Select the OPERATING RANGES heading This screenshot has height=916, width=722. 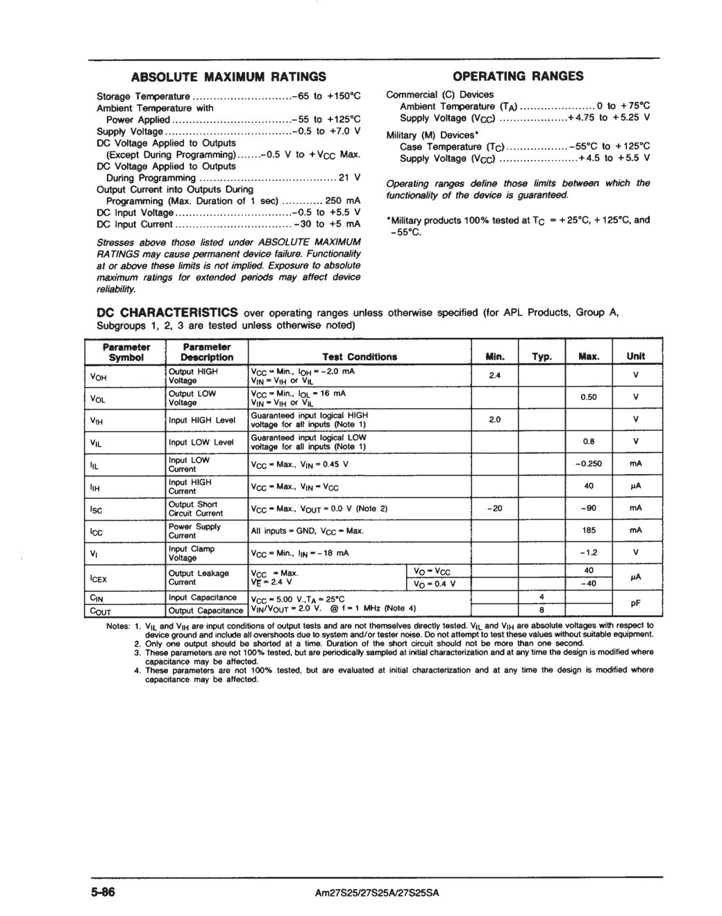518,76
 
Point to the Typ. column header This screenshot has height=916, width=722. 541,357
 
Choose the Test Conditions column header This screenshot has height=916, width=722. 360,357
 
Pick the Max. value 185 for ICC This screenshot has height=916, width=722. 589,530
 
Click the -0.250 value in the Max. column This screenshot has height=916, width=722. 589,464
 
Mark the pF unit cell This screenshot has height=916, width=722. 635,604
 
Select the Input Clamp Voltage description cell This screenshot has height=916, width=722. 192,553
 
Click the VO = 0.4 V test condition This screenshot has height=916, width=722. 434,584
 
